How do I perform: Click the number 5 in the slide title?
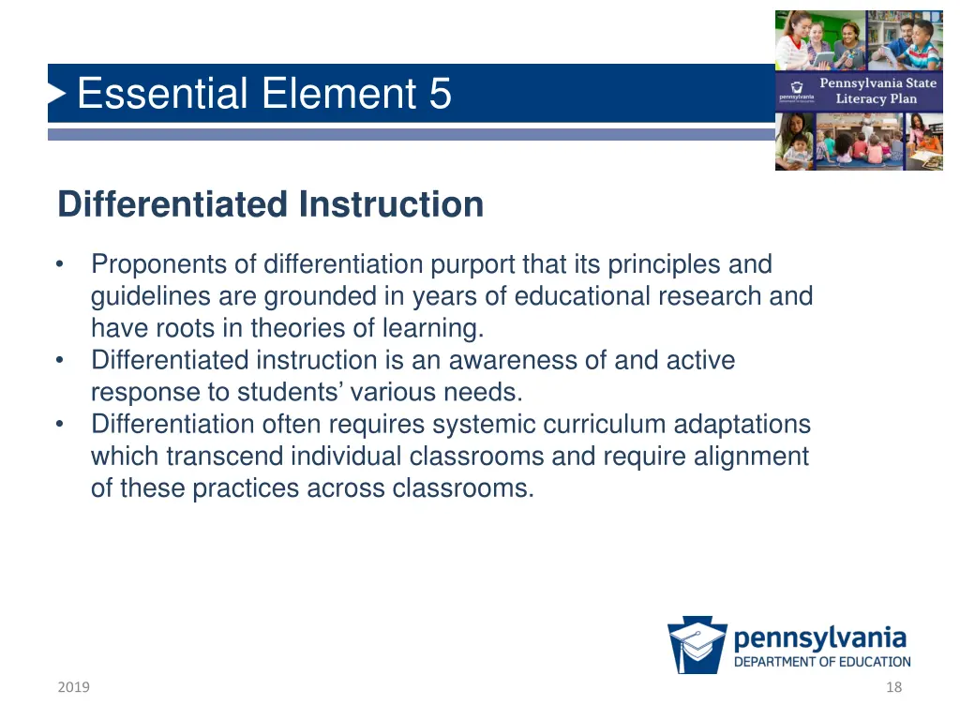tap(440, 94)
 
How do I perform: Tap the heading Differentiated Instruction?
tap(270, 204)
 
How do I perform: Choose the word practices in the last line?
tap(248, 488)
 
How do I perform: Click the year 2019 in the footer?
tap(73, 687)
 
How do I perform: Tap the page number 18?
tap(893, 687)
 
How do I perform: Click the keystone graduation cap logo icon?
tap(697, 645)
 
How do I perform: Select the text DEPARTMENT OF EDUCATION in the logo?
tap(821, 662)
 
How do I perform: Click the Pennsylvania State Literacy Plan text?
tap(877, 91)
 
